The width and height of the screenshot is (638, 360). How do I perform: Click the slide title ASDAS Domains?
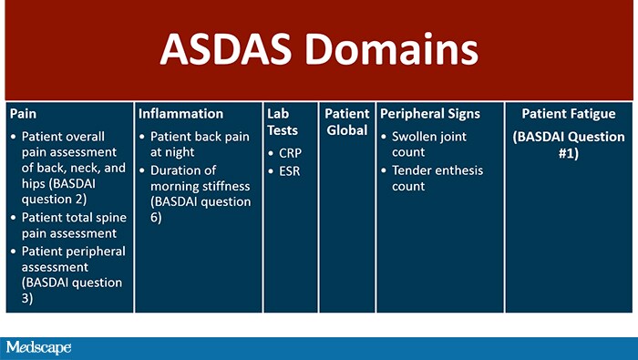319,48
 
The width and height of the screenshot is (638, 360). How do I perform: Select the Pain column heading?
24,114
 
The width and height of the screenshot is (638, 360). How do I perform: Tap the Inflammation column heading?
180,114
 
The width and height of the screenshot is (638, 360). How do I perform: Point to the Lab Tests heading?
283,122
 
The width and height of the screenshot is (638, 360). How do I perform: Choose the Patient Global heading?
347,122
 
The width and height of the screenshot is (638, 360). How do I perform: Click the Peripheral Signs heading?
430,114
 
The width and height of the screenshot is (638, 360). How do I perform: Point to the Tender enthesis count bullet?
437,179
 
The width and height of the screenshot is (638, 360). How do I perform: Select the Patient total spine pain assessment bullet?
73,225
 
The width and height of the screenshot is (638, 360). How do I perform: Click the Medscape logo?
37,347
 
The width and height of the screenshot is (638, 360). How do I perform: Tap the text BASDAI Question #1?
568,145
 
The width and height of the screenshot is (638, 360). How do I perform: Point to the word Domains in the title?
395,48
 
